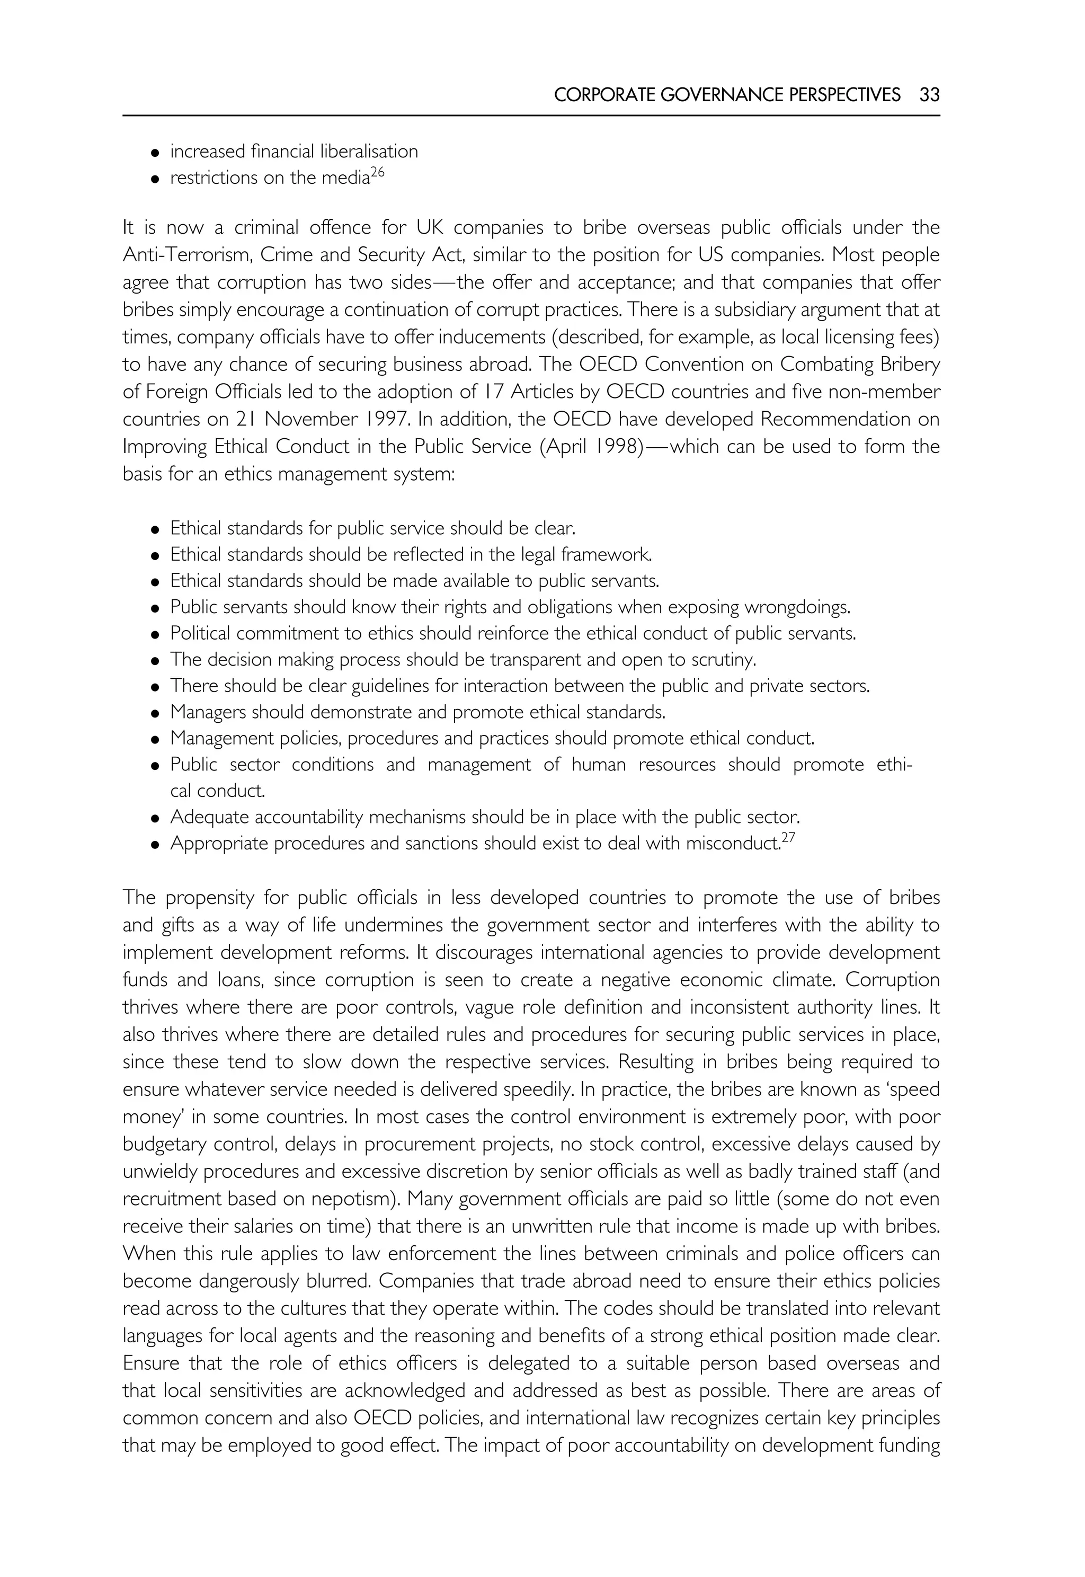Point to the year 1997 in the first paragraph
pyautogui.click(x=387, y=420)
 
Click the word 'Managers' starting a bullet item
pyautogui.click(x=208, y=713)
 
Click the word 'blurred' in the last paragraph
pyautogui.click(x=336, y=1281)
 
